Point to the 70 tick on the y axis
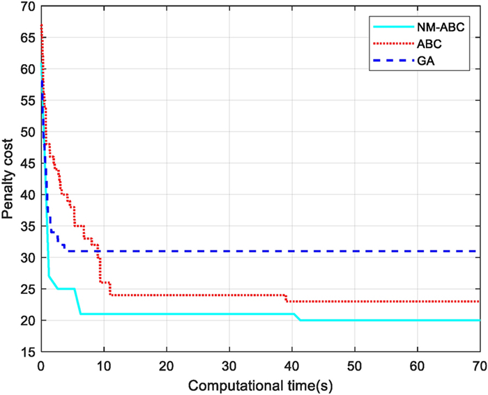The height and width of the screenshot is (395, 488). (28, 7)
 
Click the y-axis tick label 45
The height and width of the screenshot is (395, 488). (28, 164)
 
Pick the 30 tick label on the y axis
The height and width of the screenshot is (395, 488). (28, 258)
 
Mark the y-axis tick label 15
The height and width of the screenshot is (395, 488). (28, 352)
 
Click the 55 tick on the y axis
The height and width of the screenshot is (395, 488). (28, 101)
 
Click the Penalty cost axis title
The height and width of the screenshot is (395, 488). (9, 179)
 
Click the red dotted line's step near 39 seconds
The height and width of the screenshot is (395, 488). (286, 298)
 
